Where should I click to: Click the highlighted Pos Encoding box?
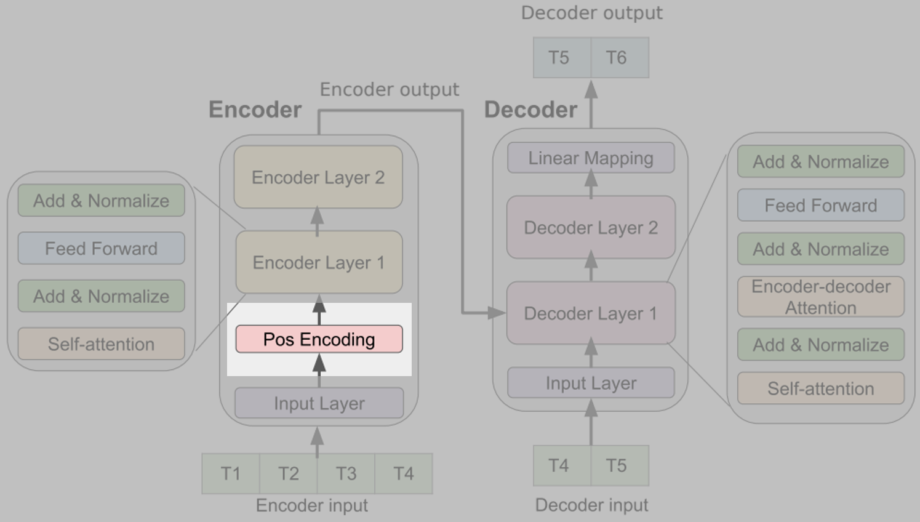tap(319, 339)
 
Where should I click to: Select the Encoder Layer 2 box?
tap(318, 177)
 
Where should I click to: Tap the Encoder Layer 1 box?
tap(319, 262)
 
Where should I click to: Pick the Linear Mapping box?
tap(591, 158)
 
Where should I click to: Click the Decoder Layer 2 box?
tap(591, 228)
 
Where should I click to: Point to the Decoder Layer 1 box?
tap(591, 313)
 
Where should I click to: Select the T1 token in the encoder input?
tap(231, 473)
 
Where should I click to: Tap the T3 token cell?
tap(346, 473)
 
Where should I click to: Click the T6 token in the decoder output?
tap(616, 58)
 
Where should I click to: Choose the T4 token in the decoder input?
tap(559, 465)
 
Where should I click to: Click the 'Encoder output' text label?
tap(389, 90)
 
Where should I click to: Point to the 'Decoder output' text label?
tap(591, 13)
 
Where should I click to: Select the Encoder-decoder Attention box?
tap(821, 297)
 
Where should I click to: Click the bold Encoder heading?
tap(255, 110)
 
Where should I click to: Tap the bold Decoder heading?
tap(530, 110)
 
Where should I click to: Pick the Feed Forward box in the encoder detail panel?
tap(101, 249)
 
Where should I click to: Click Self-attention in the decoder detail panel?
tap(821, 388)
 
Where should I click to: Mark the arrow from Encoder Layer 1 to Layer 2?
tap(318, 220)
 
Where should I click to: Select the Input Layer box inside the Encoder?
tap(319, 403)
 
